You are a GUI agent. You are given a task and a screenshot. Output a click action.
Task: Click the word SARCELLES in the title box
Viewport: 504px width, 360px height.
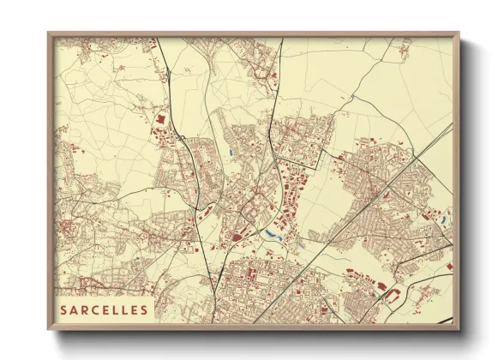coord(104,309)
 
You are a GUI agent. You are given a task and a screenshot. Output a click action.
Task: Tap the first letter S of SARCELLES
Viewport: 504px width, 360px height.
coord(64,309)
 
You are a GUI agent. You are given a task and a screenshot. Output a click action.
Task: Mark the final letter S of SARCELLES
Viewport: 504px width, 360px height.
coord(143,309)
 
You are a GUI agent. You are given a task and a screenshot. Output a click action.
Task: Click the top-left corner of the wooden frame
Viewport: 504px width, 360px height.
coord(49,33)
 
